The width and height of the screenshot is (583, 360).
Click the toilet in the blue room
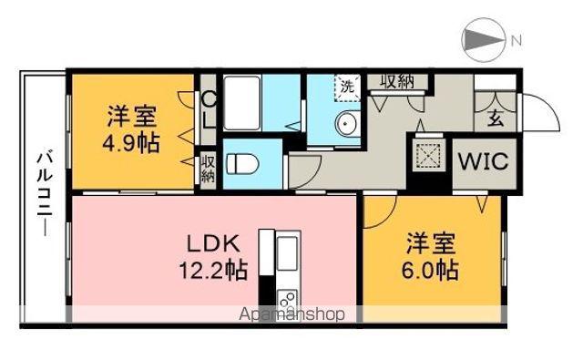(243, 164)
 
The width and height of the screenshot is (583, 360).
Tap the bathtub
(242, 103)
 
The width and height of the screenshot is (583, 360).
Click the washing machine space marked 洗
(347, 87)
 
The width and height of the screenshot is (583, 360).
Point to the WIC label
(483, 161)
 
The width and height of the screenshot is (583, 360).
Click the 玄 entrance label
(496, 119)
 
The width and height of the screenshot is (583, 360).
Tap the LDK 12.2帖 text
(213, 257)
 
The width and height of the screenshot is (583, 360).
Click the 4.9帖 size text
(131, 143)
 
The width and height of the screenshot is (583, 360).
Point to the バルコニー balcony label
(45, 192)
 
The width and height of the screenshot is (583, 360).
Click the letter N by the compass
(517, 40)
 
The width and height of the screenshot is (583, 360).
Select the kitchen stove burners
(287, 298)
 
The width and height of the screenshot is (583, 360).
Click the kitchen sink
(288, 253)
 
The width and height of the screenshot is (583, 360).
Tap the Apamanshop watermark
(291, 314)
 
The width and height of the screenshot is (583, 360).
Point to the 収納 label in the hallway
(397, 81)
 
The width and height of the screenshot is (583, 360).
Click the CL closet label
(209, 109)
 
